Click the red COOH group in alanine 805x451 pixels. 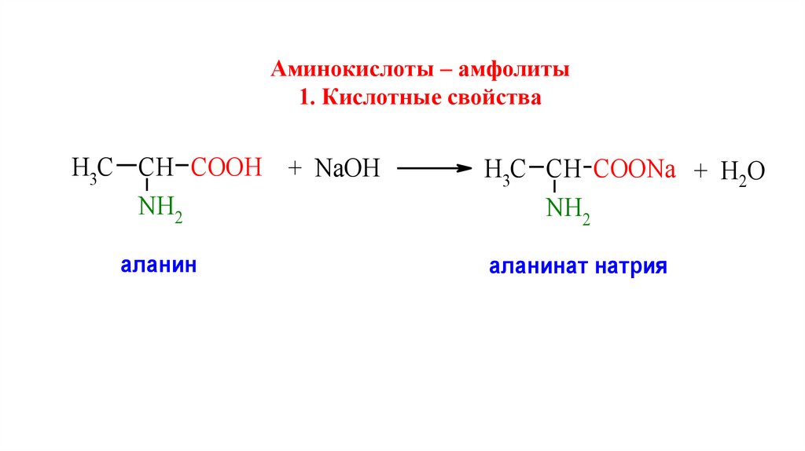(x=226, y=167)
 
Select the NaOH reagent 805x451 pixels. (x=347, y=168)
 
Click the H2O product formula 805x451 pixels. (x=742, y=172)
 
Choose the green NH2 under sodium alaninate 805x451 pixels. (x=568, y=210)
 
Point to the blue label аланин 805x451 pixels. (x=158, y=265)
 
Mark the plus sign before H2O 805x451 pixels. (x=701, y=170)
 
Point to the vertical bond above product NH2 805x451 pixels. (x=554, y=188)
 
